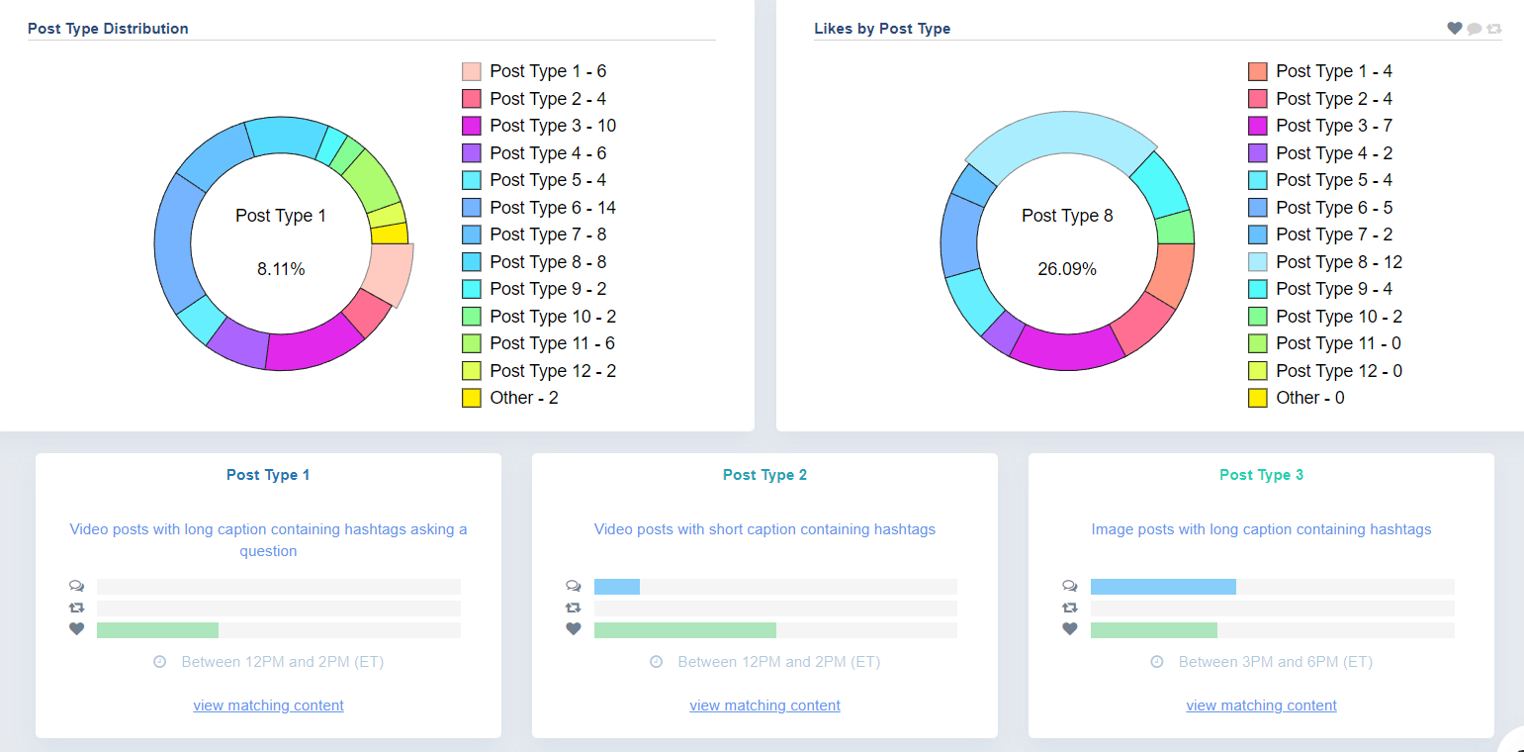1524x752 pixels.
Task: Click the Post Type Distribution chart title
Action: click(108, 29)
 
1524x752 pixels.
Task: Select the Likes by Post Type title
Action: click(882, 29)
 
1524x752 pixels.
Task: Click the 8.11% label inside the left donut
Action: click(281, 269)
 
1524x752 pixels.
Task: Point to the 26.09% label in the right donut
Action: click(1066, 269)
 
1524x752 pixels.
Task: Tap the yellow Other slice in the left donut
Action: click(390, 234)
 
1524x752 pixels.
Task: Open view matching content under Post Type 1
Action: click(268, 705)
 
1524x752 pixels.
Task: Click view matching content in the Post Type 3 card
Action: click(1261, 705)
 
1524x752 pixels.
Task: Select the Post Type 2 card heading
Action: click(764, 475)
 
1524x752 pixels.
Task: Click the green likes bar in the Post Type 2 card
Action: click(684, 630)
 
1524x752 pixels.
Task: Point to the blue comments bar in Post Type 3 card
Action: click(1163, 587)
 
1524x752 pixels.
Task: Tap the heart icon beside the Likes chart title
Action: click(1454, 29)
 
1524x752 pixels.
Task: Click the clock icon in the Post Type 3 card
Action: click(1156, 662)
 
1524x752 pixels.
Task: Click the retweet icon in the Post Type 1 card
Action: click(77, 609)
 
